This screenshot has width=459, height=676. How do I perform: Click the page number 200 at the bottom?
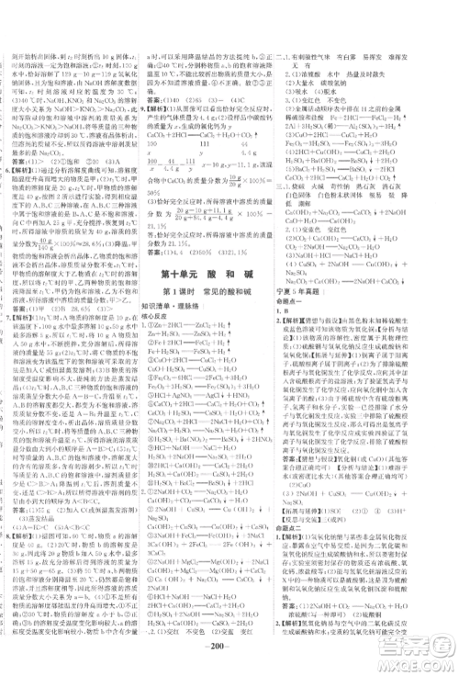click(x=229, y=659)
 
